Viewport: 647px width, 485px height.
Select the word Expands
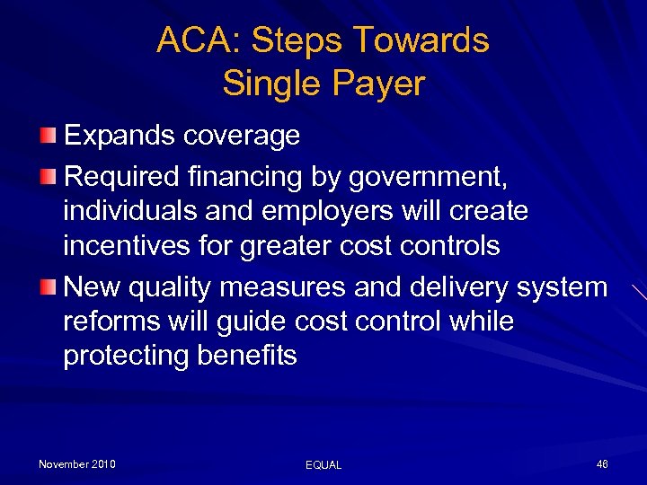(x=120, y=137)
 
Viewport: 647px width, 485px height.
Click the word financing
(x=227, y=178)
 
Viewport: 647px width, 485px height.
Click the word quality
(x=173, y=287)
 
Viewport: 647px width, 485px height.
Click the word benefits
(x=246, y=356)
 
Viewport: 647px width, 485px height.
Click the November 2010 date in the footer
(x=77, y=464)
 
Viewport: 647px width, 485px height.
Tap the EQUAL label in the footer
(x=323, y=465)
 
